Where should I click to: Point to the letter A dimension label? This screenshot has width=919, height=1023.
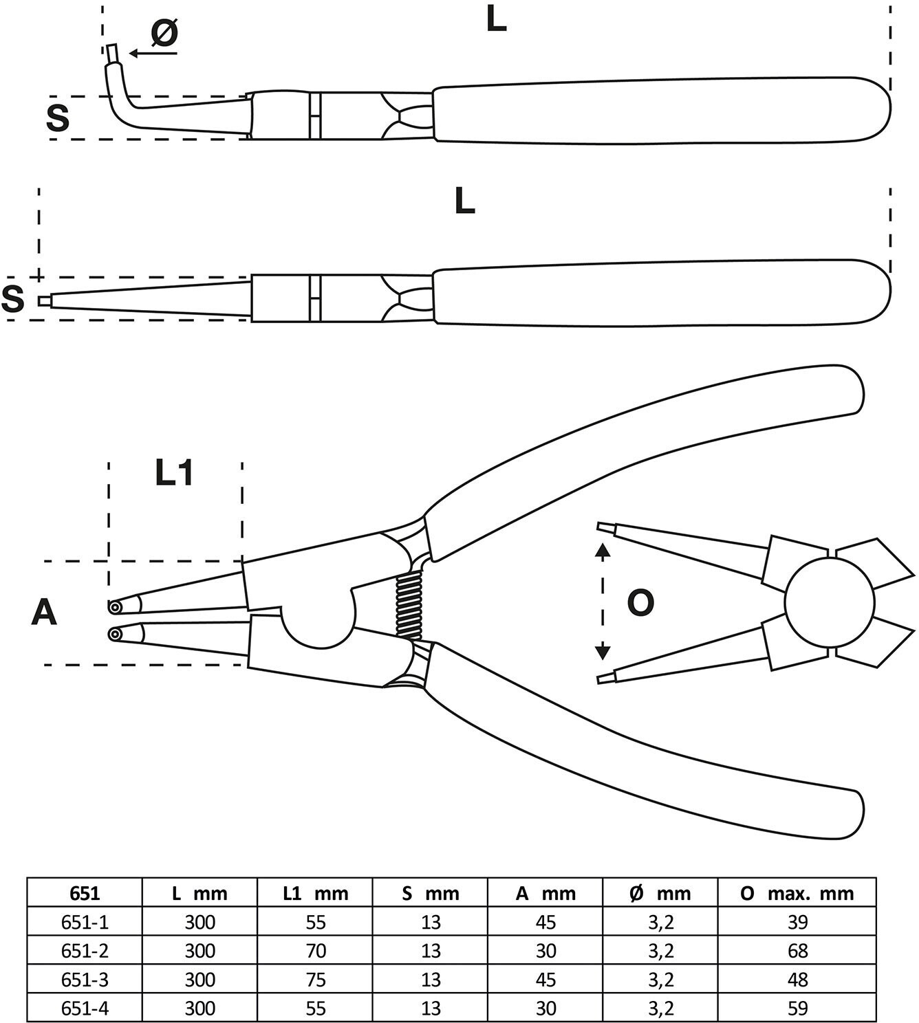pos(44,613)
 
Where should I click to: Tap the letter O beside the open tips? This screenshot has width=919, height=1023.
pos(640,604)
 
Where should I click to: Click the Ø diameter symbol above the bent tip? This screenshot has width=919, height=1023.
pos(164,33)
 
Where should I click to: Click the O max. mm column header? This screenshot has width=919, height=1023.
pos(797,893)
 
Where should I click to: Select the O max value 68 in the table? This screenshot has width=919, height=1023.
pos(797,951)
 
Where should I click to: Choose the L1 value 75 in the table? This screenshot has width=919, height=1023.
pos(316,979)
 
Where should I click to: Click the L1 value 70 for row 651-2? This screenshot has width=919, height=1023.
pos(316,951)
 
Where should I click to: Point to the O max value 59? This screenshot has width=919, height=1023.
pos(797,1008)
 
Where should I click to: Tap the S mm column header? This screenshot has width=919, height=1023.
pos(431,893)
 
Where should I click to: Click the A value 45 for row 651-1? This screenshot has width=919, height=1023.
pos(545,922)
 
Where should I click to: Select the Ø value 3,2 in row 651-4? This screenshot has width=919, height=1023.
pos(660,1008)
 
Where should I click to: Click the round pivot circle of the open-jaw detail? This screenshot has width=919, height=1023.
pos(830,602)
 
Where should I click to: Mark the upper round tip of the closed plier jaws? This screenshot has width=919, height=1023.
pos(114,607)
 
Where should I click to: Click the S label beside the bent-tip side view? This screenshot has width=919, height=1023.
pos(58,118)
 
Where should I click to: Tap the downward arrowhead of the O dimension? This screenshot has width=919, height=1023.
pos(603,651)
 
